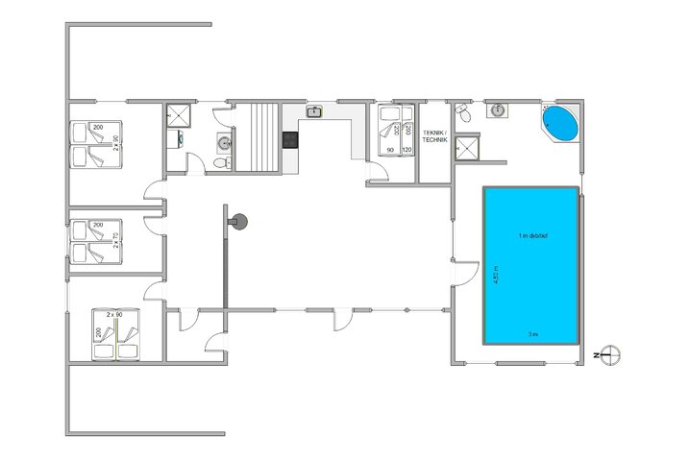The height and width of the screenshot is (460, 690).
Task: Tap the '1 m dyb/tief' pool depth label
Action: coord(532,236)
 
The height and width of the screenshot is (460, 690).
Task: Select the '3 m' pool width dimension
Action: coord(531,334)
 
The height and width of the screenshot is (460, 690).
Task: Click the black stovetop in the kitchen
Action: coord(290,139)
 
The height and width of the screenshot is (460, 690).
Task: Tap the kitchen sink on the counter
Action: coord(313,112)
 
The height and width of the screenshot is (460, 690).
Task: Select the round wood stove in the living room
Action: coord(239,221)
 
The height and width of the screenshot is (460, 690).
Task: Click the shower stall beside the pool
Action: coord(468,147)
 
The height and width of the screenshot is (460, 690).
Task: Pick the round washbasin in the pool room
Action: coord(498,111)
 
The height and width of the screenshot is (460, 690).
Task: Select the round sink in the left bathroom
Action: coord(223,143)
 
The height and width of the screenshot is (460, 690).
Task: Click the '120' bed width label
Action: coord(406,151)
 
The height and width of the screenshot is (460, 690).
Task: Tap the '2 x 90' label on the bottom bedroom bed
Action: coord(115,315)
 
